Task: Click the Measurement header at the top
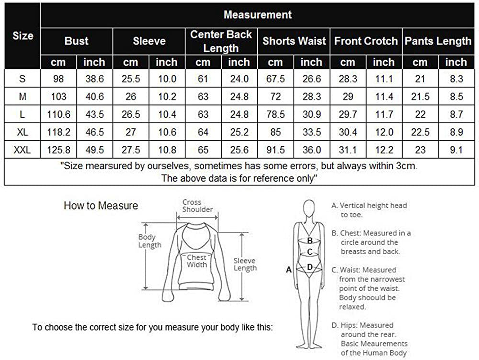coord(257,15)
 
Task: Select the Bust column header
coord(76,41)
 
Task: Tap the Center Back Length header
coord(221,41)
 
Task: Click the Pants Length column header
coord(438,41)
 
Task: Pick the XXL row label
coord(22,150)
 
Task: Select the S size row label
coord(22,79)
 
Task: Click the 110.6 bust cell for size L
coord(58,115)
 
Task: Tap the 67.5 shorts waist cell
coord(275,79)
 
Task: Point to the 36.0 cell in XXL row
coord(311,150)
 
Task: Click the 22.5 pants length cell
coord(420,132)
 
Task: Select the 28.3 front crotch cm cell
coord(348,79)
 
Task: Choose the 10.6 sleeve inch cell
coord(167,132)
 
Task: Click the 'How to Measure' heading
coord(101,206)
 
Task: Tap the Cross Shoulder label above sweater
coord(197,206)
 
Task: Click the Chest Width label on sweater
coord(197,261)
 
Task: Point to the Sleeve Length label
coord(245,264)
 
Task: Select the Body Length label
coord(149,241)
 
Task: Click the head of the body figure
coord(309,209)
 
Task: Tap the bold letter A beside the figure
coord(289,270)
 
